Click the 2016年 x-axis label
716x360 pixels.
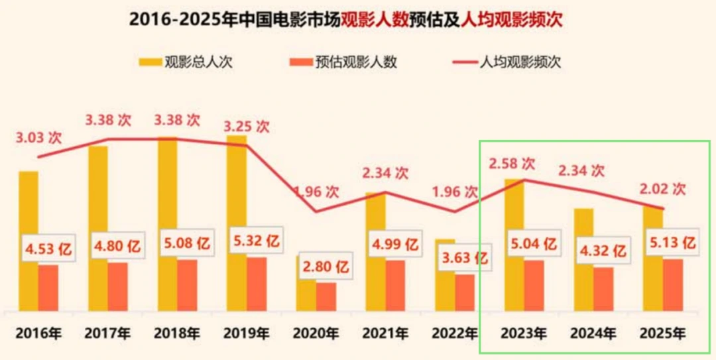point(39,333)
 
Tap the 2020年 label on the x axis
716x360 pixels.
point(316,333)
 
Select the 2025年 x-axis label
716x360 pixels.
point(662,333)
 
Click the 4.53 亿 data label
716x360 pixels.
point(47,250)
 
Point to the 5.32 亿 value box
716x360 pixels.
point(255,241)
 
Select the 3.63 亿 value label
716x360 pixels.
point(464,257)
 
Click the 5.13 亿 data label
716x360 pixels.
point(672,243)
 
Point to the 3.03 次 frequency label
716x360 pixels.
point(39,138)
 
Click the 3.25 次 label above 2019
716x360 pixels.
point(247,125)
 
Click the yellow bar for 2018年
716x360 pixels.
point(167,199)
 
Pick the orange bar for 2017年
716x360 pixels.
point(117,286)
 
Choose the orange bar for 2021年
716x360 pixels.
point(395,285)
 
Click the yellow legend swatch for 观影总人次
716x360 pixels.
point(149,63)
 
